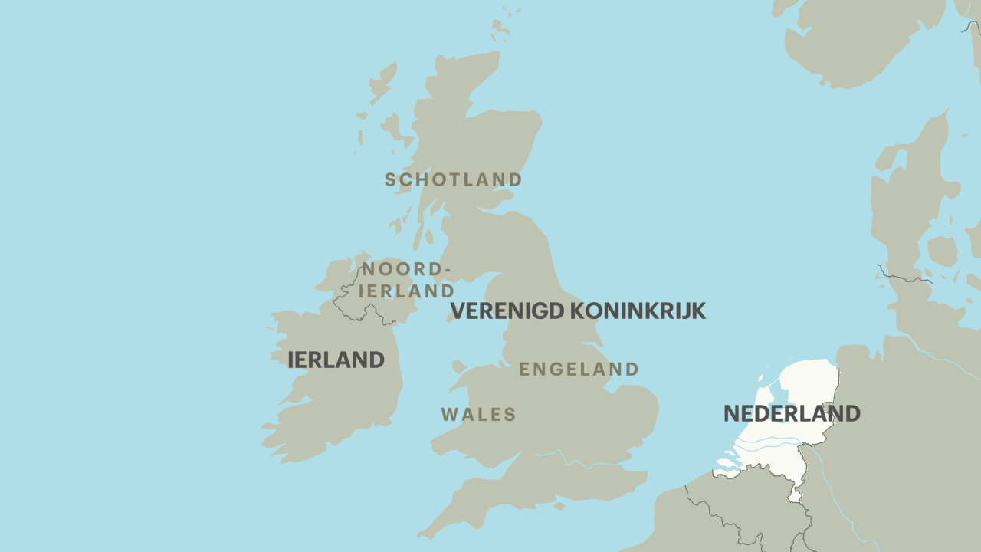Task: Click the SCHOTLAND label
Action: tap(453, 180)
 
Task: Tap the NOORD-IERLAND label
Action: tap(406, 280)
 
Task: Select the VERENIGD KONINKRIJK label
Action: tap(577, 311)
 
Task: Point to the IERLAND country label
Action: tap(336, 360)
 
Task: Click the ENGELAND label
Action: tap(579, 370)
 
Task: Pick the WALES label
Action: tap(478, 415)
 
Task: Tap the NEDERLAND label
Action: tap(792, 413)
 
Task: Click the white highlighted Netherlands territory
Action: tap(805, 383)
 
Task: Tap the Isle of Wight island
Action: tap(559, 506)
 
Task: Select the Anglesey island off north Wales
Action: tap(458, 366)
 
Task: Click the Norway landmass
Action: tap(858, 38)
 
